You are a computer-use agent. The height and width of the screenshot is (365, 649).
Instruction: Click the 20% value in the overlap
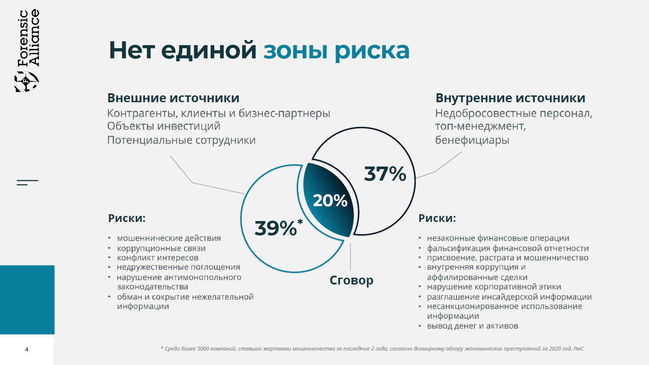click(330, 201)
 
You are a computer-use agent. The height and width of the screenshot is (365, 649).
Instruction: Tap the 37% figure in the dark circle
click(385, 174)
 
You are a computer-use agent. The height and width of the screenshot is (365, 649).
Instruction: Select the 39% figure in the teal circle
click(276, 228)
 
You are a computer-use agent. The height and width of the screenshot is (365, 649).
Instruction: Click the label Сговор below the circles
click(351, 280)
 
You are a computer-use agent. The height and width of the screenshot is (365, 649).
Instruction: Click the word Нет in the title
click(132, 50)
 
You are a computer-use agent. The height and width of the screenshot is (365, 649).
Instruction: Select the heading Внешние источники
click(173, 98)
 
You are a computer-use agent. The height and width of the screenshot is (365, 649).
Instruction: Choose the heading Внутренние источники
click(510, 98)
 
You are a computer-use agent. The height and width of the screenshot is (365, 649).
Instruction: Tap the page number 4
click(27, 349)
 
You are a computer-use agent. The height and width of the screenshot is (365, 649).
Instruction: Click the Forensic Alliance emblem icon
click(26, 81)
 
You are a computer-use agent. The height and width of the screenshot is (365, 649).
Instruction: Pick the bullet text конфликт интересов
click(158, 258)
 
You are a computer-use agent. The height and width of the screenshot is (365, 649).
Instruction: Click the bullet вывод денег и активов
click(473, 326)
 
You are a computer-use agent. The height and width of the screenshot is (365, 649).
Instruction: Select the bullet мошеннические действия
click(169, 238)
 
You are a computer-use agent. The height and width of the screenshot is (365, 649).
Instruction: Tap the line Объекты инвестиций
click(164, 126)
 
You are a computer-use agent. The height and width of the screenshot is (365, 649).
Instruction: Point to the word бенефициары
click(472, 140)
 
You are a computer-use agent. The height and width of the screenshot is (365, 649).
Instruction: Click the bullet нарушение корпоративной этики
click(494, 287)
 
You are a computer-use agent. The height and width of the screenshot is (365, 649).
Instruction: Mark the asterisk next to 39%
click(300, 222)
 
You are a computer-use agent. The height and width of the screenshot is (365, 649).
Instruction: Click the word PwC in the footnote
click(578, 348)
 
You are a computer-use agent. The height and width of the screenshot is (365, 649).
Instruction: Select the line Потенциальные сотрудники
click(181, 140)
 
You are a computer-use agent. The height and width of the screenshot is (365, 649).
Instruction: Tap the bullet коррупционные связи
click(161, 249)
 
